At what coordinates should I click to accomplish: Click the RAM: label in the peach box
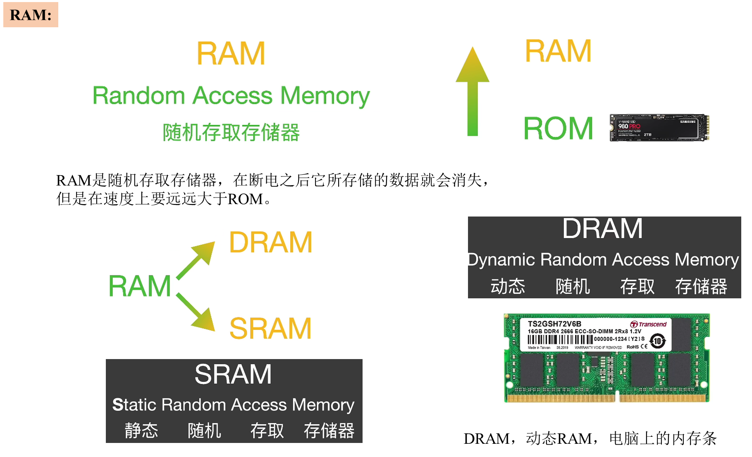31,15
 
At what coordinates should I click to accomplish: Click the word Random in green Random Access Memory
138,96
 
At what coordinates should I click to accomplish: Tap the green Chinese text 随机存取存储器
231,133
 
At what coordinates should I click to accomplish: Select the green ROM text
558,129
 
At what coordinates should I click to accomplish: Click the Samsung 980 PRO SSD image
659,128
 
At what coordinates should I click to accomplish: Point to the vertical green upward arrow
473,92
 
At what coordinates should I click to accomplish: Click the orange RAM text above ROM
558,51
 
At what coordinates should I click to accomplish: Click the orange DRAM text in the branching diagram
270,243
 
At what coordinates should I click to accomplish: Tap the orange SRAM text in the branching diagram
270,328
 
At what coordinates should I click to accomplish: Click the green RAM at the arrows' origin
139,286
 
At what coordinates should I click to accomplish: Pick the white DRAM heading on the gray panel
602,228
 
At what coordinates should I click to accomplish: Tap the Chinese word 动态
508,286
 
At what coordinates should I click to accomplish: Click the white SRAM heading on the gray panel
233,374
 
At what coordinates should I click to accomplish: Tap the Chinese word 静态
141,431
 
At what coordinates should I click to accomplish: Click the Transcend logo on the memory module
648,324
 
